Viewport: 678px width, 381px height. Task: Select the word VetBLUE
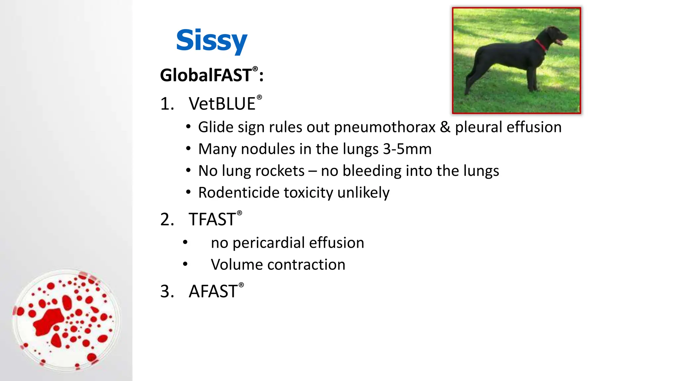222,104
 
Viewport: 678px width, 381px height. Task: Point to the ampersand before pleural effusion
445,127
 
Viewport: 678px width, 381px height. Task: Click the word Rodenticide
239,192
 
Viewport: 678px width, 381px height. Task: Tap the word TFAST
212,219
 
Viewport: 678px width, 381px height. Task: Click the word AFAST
213,291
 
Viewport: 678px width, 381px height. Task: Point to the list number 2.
167,219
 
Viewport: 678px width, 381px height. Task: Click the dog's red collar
541,45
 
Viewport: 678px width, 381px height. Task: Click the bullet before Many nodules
188,149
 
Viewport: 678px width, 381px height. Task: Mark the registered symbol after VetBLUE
259,97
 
